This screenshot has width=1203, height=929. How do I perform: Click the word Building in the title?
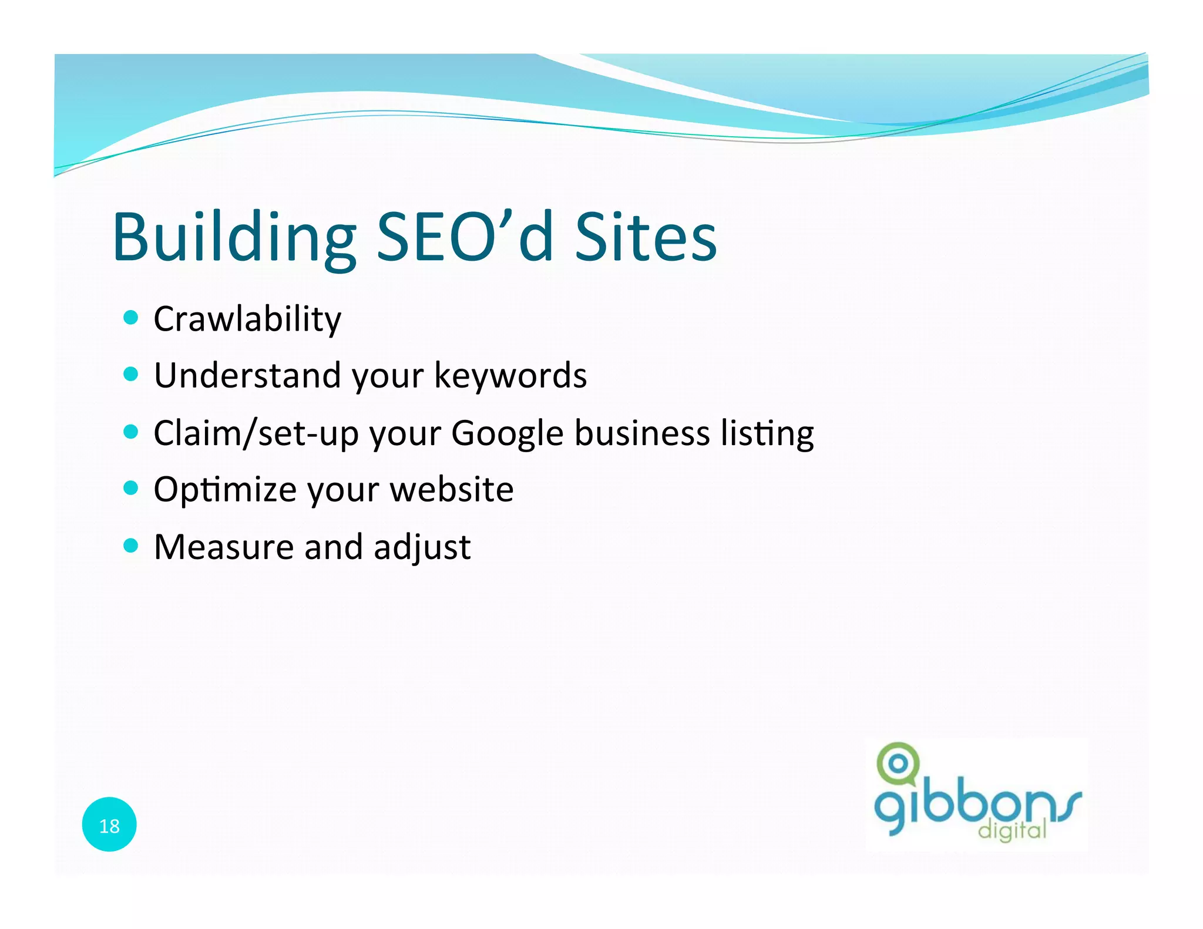pos(234,238)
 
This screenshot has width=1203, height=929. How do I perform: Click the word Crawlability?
pos(247,319)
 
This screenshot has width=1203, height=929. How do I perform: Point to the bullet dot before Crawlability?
pos(131,318)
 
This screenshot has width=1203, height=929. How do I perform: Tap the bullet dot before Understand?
pos(131,374)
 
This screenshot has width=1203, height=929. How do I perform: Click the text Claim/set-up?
pos(256,433)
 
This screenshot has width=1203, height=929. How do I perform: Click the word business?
pos(642,433)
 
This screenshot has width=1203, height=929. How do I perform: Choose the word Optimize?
pos(225,490)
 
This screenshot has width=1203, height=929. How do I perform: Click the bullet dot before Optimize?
pos(131,487)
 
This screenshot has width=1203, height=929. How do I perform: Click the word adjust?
pos(422,547)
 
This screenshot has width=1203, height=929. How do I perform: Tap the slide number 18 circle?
pos(109,824)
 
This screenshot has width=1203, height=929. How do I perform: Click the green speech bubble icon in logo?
pos(898,763)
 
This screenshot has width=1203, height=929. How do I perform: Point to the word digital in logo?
pos(1012,830)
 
